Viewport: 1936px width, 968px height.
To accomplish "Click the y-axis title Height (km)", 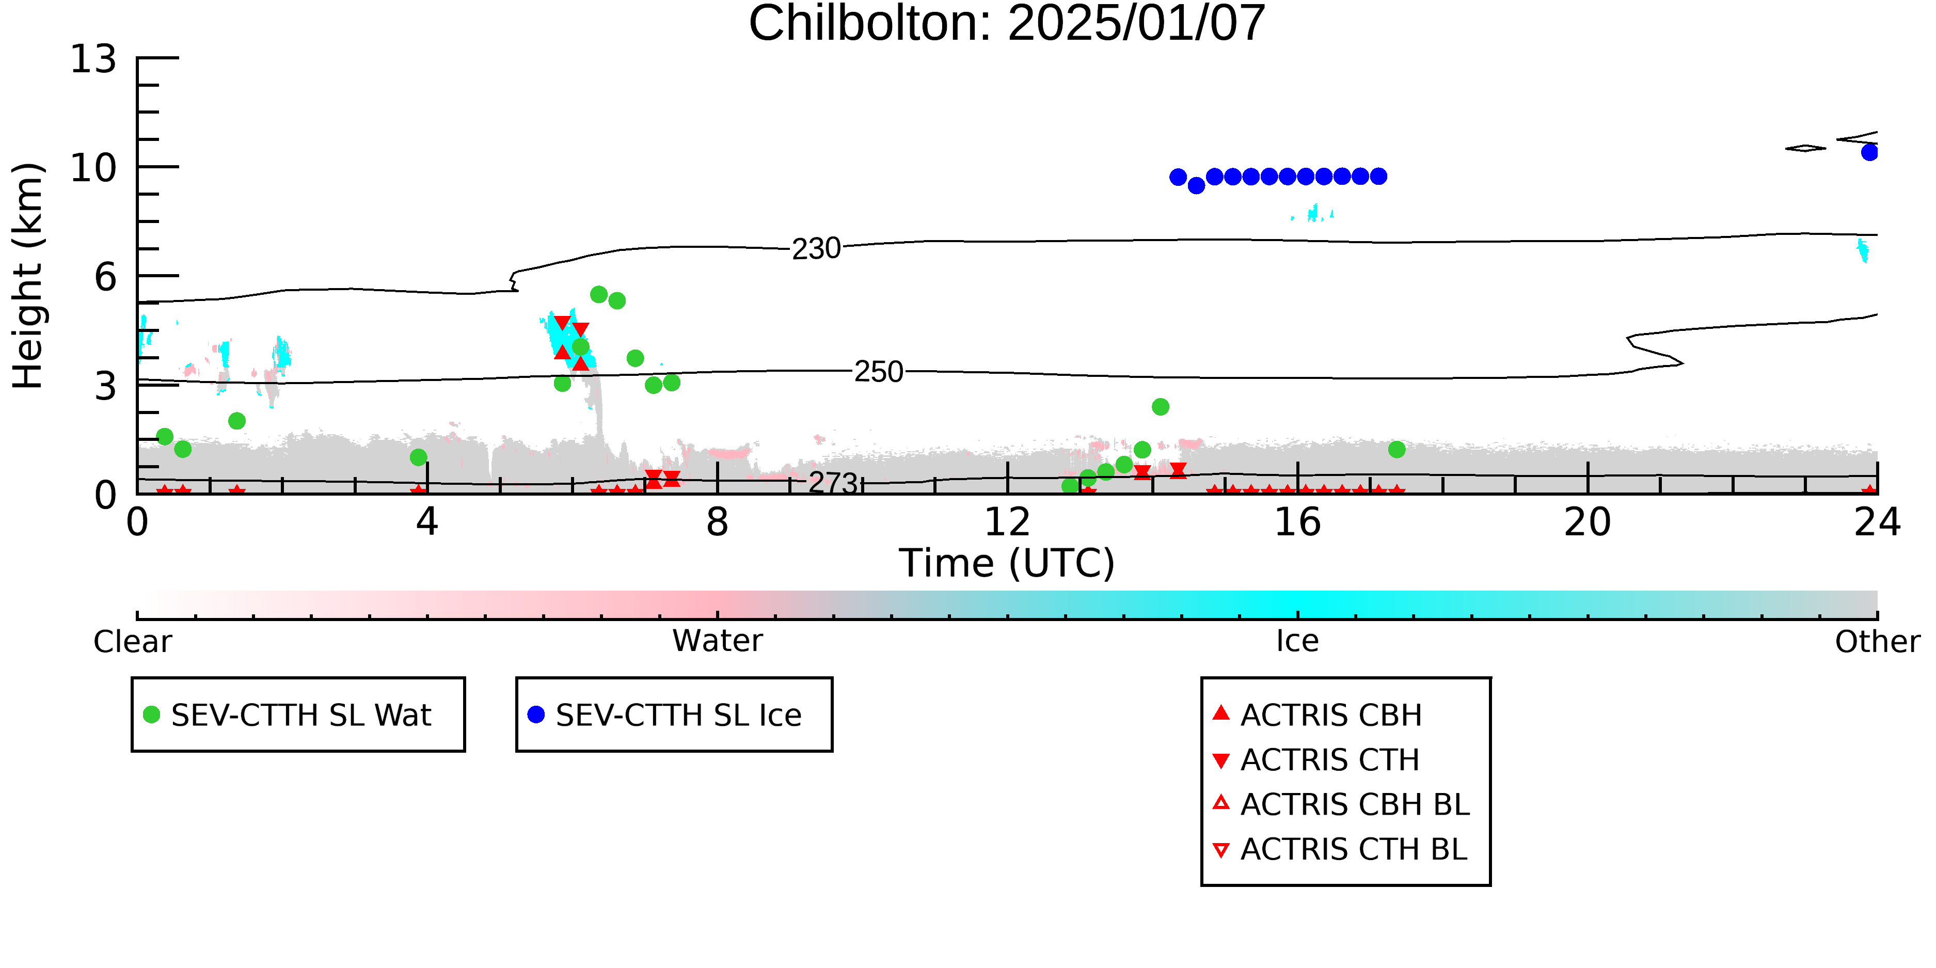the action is tap(28, 276).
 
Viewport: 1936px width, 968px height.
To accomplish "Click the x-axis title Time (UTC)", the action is tap(1007, 563).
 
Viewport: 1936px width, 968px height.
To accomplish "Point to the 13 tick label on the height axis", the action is tap(93, 59).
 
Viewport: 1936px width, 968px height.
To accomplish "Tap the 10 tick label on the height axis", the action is tap(93, 168).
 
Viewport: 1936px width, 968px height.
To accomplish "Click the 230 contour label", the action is tap(816, 249).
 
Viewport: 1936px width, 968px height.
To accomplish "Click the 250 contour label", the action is tap(879, 372).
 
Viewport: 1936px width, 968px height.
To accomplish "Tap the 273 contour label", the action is tap(833, 483).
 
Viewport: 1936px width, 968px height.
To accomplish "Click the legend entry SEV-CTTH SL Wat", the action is tap(288, 715).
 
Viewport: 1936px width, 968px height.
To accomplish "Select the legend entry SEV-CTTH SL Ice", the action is tap(665, 715).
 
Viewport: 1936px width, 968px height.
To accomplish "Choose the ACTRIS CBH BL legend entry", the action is tap(1342, 804).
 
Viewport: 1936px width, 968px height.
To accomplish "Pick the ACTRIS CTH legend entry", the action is tap(1316, 760).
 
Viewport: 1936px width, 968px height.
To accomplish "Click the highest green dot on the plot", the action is tap(599, 294).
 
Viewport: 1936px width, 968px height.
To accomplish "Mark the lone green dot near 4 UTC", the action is tap(419, 457).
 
